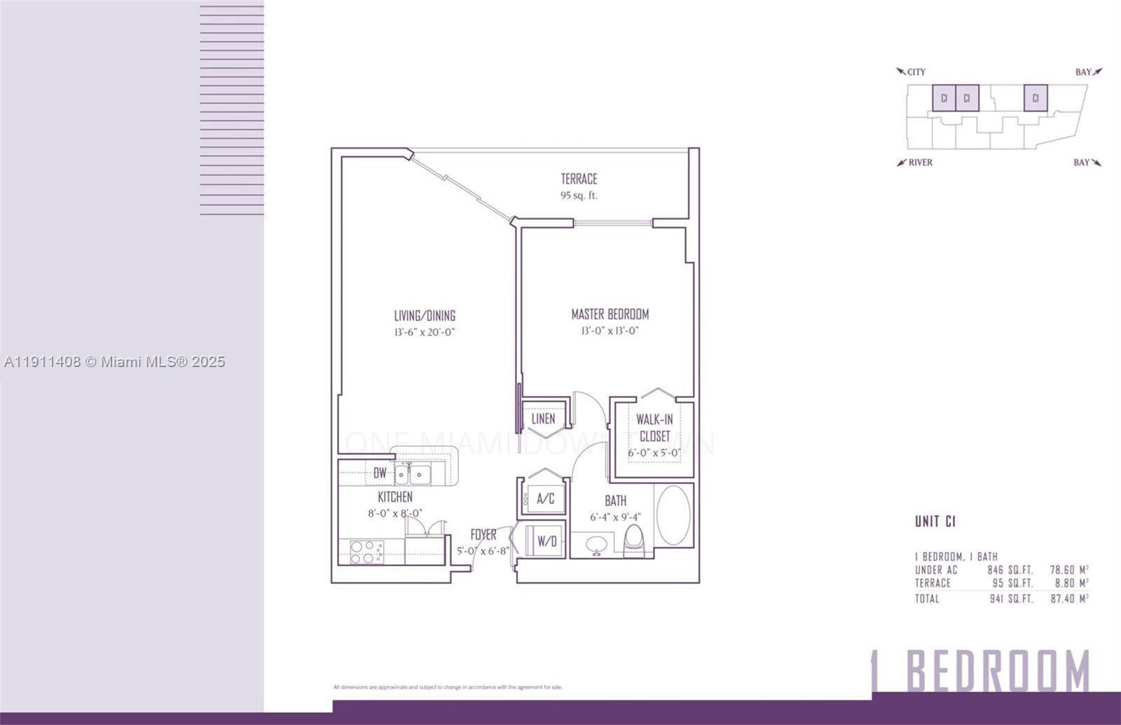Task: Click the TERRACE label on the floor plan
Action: click(x=579, y=179)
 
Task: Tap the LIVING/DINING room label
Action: click(x=425, y=315)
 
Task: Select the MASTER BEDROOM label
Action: click(x=610, y=314)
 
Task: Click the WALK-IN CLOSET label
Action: click(x=654, y=427)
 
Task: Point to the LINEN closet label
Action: click(x=543, y=419)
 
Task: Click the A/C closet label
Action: click(x=546, y=499)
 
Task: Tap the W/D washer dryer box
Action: click(x=546, y=541)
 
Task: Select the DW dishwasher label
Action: click(x=380, y=474)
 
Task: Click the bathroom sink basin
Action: click(x=597, y=544)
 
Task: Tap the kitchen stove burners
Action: click(x=365, y=551)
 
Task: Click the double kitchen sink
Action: click(x=412, y=475)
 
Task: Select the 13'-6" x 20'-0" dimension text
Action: click(x=425, y=332)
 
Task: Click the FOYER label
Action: click(x=483, y=535)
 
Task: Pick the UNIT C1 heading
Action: click(x=935, y=521)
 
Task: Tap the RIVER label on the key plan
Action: click(x=920, y=163)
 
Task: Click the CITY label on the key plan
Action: click(x=916, y=72)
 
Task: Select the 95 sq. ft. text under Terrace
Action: click(x=579, y=196)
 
